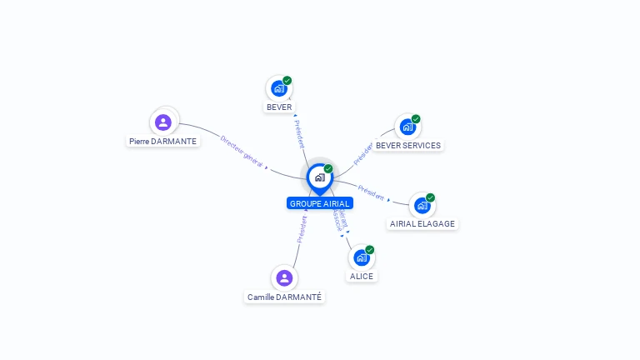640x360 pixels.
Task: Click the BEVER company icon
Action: point(278,88)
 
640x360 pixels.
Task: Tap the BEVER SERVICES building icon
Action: point(407,127)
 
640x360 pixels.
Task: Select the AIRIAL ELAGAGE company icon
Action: point(422,205)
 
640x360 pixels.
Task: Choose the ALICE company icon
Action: point(361,257)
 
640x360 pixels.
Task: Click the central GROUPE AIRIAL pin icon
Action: point(319,177)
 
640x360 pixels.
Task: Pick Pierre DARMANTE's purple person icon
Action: point(163,122)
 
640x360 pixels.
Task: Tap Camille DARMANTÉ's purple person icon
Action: point(284,277)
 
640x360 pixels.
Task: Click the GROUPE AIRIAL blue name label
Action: point(320,203)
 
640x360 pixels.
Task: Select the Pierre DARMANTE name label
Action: point(163,142)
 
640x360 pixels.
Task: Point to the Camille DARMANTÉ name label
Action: point(284,297)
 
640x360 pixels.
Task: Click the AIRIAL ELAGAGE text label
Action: point(422,223)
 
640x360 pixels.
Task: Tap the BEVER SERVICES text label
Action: point(407,145)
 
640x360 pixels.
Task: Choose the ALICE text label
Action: point(362,276)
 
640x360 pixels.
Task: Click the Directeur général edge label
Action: point(242,151)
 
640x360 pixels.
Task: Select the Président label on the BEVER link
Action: point(299,133)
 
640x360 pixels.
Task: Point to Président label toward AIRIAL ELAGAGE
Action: point(371,192)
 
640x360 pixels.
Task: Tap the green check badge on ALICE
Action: point(369,250)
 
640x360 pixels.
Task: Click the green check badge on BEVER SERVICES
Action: point(416,119)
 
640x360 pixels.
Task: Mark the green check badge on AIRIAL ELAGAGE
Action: point(431,197)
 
